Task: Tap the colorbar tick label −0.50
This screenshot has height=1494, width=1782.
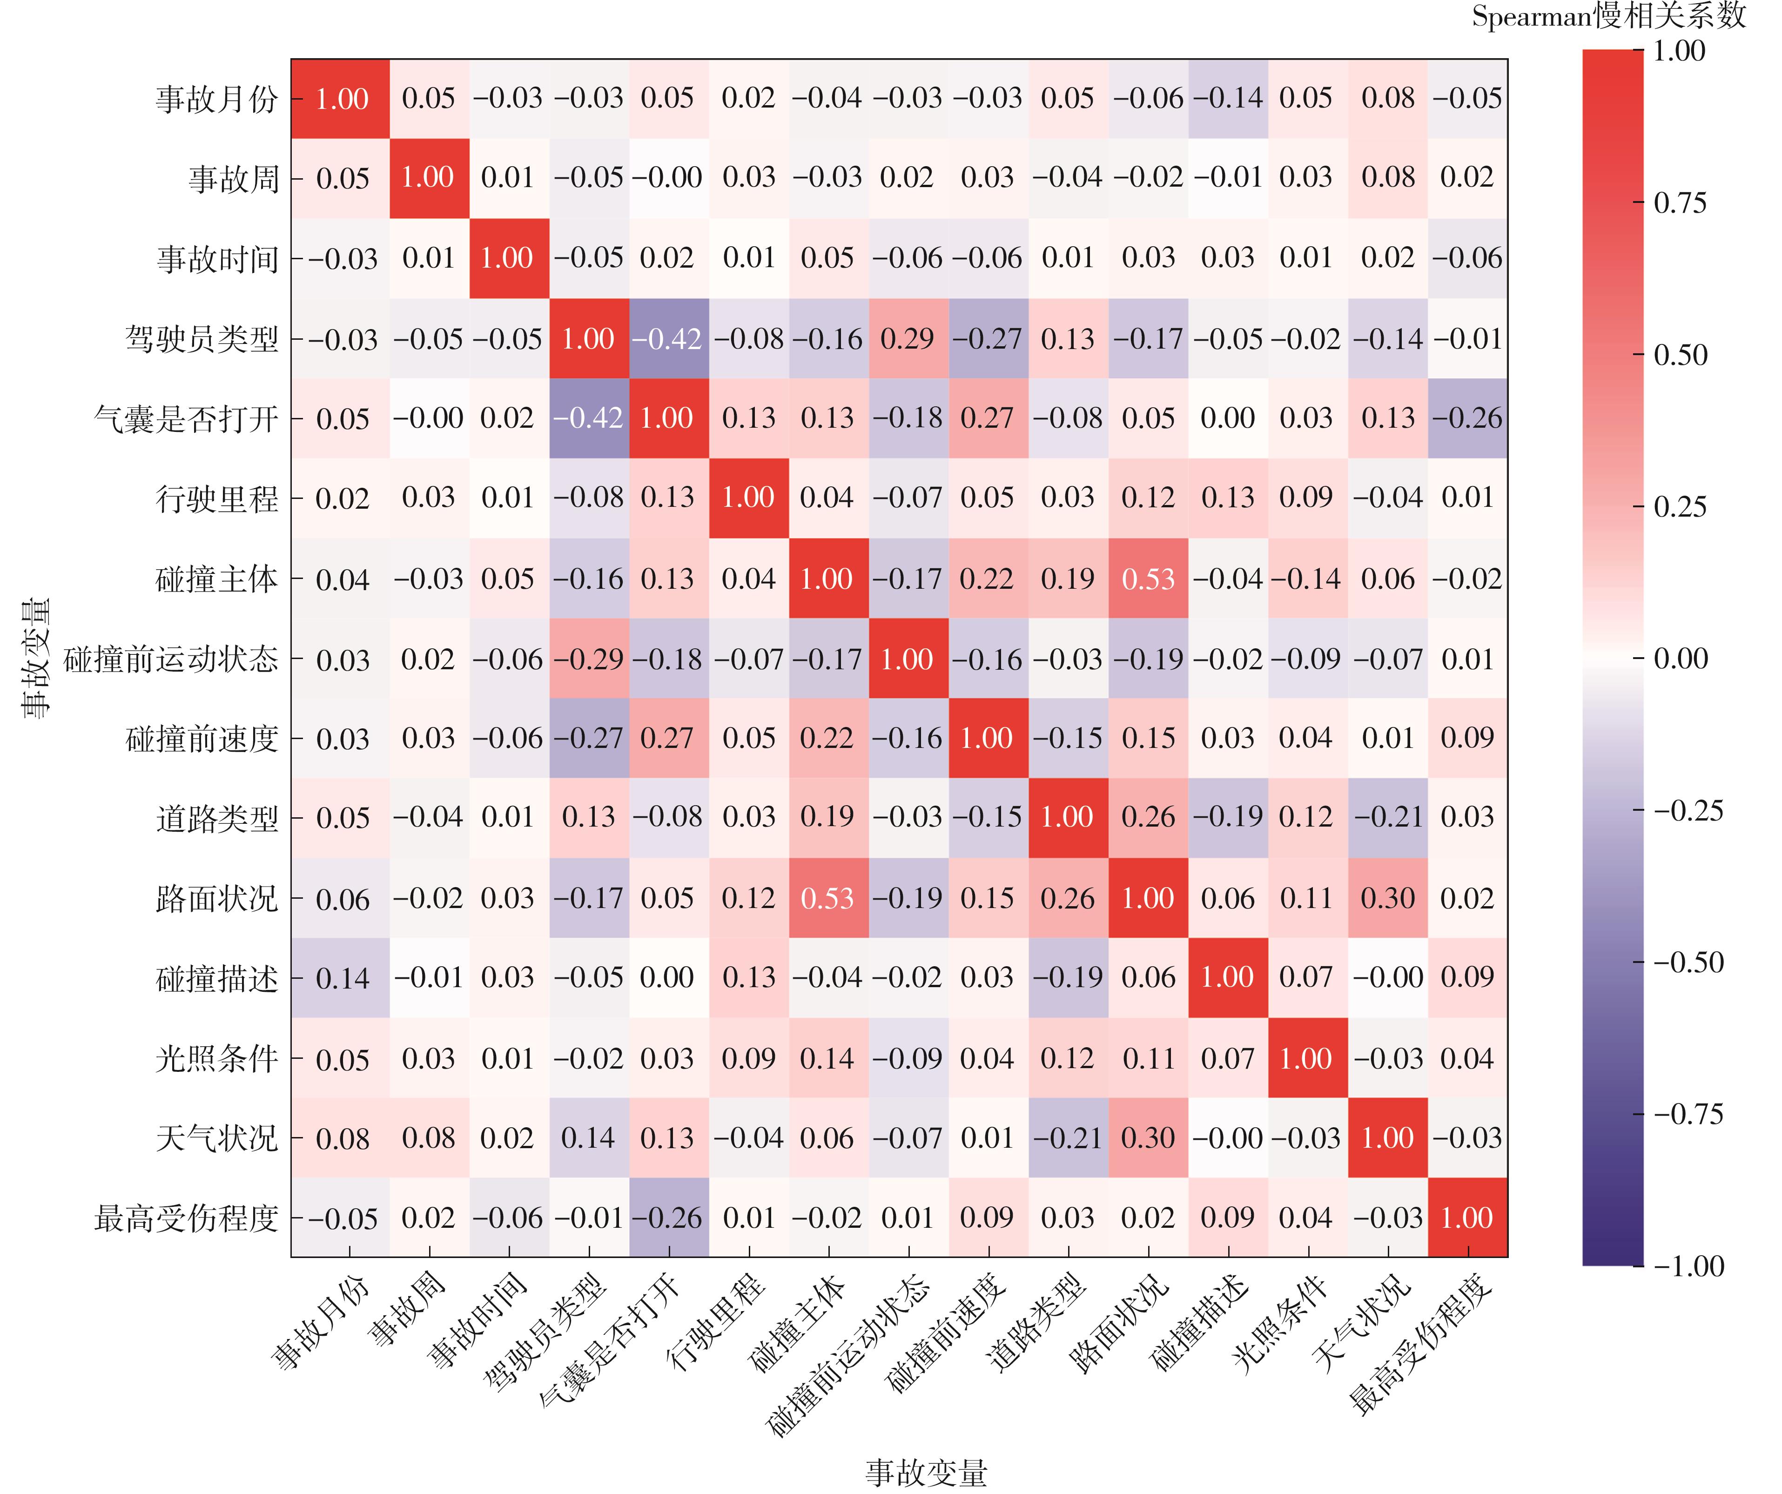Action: [x=1688, y=962]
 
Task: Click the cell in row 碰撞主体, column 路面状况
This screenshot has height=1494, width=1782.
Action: [x=1148, y=579]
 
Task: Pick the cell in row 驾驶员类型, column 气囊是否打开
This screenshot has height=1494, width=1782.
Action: [x=668, y=338]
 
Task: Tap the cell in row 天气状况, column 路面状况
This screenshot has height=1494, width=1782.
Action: [x=1148, y=1137]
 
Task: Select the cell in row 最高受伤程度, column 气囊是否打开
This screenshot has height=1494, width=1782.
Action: [x=668, y=1218]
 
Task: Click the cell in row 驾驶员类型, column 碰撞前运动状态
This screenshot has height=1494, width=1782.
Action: [x=907, y=338]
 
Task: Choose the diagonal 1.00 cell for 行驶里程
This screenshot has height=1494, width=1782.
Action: [x=747, y=498]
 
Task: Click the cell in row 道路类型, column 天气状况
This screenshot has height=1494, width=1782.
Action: [x=1387, y=817]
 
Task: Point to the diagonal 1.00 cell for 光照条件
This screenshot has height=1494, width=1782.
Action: [x=1307, y=1058]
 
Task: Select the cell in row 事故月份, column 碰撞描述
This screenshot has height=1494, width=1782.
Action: [x=1228, y=98]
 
